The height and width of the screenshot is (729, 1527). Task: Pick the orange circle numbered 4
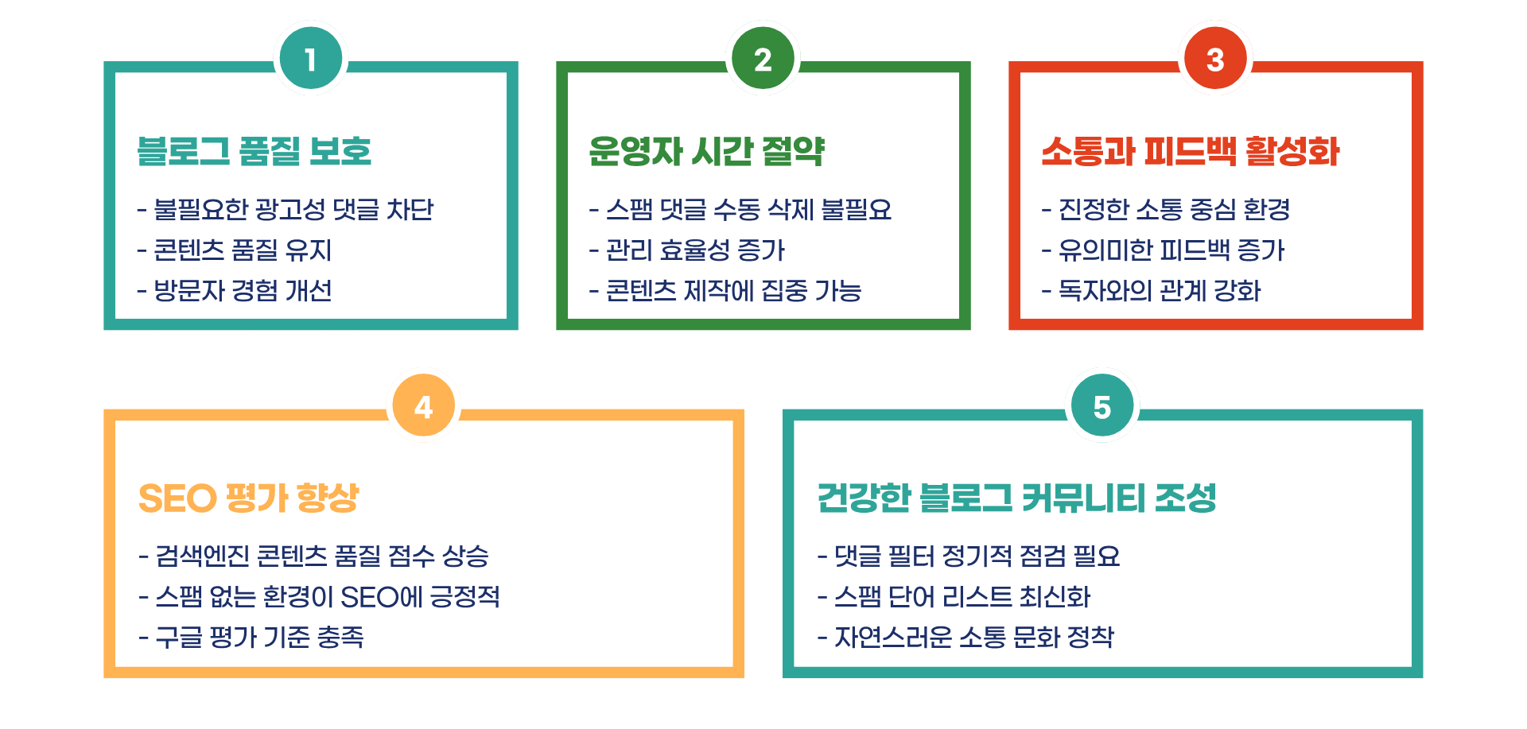[x=423, y=407]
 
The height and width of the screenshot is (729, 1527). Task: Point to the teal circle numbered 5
[x=1102, y=407]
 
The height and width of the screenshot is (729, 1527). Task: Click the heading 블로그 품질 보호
[x=254, y=151]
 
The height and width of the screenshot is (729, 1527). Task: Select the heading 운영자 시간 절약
[x=706, y=151]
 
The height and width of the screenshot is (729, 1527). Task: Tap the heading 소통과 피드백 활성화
[x=1191, y=151]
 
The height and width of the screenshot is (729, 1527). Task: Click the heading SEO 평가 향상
[x=248, y=498]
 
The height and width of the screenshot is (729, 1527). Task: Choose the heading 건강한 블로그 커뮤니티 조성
[x=1017, y=498]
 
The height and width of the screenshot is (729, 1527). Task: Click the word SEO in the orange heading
[x=177, y=498]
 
